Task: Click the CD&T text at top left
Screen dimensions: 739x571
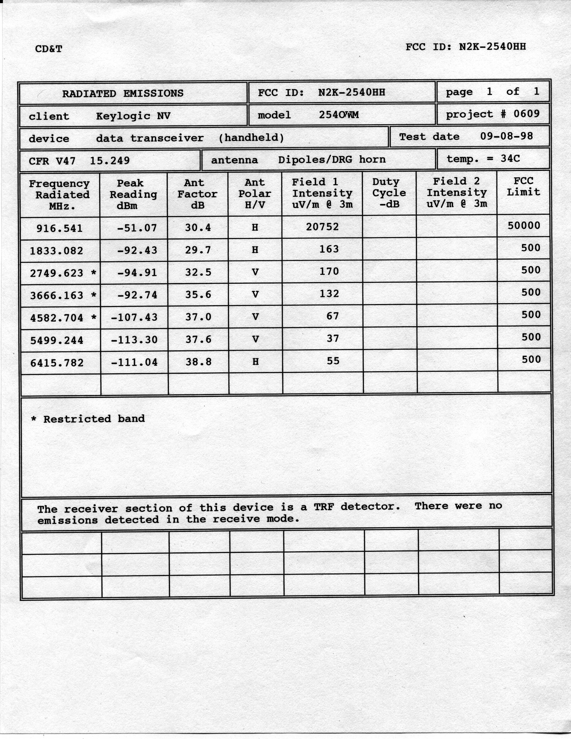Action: (49, 49)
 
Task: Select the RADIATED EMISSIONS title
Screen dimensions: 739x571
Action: (122, 93)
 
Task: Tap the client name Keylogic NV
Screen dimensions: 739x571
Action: (133, 116)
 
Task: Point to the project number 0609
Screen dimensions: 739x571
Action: (526, 114)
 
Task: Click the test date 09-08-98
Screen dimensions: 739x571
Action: (506, 136)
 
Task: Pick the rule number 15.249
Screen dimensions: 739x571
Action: (109, 160)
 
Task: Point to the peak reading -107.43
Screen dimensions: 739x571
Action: (134, 317)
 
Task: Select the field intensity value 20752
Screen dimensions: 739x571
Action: (322, 227)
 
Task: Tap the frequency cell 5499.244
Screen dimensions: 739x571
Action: (57, 340)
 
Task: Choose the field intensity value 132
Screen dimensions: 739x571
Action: (329, 294)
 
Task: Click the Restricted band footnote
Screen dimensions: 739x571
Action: (88, 419)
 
